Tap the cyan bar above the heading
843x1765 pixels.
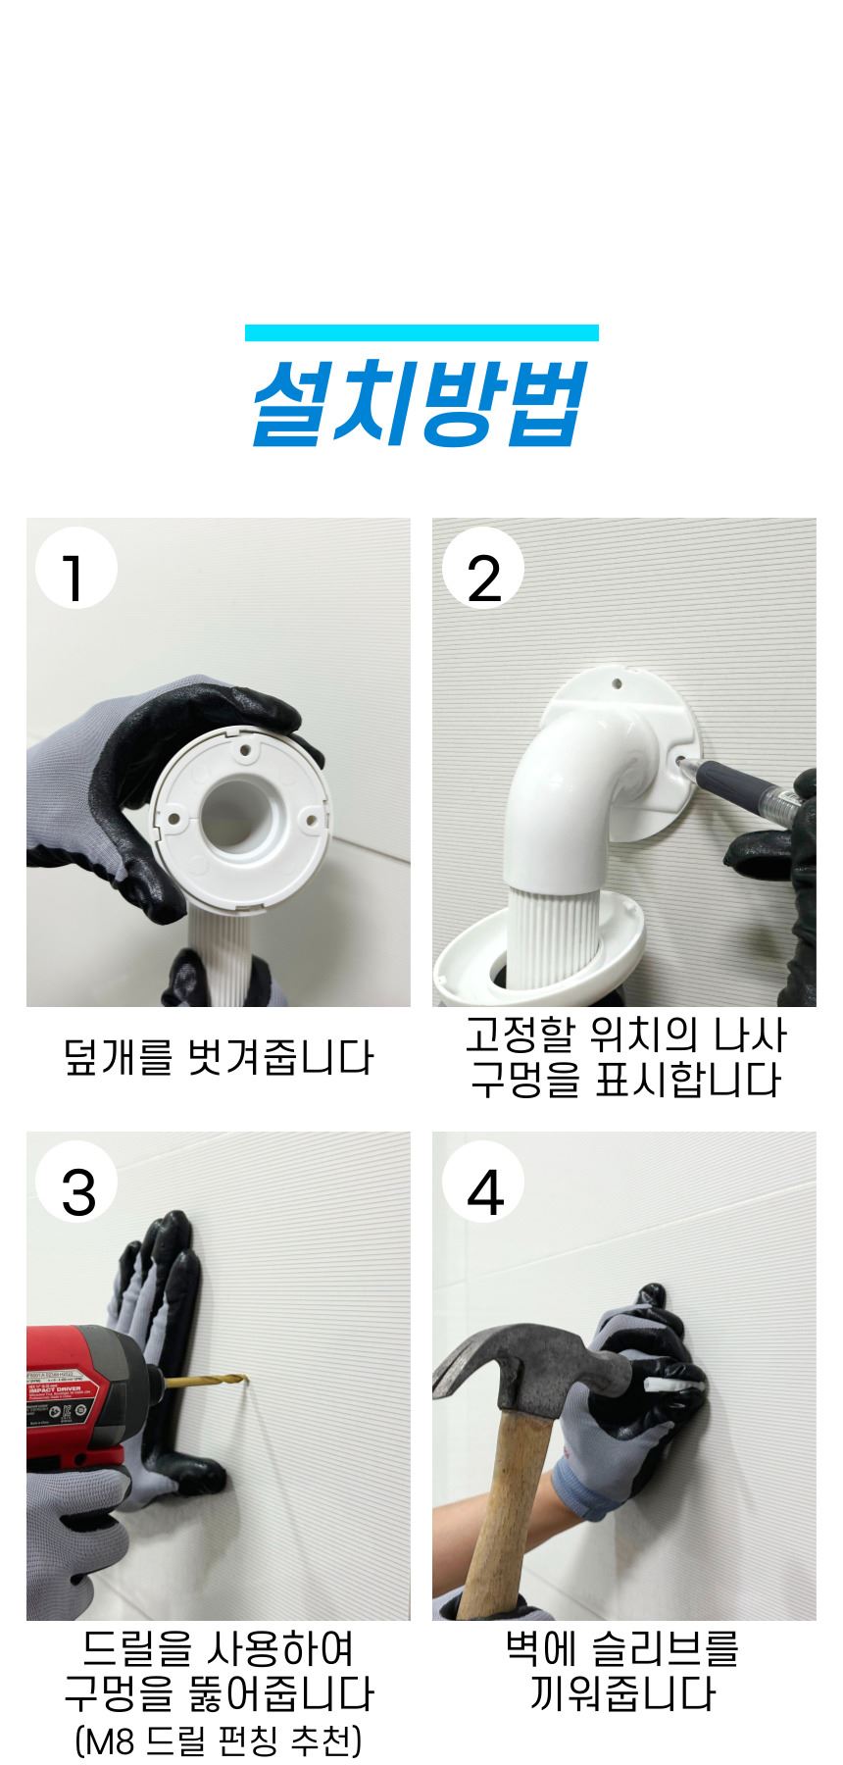pyautogui.click(x=421, y=332)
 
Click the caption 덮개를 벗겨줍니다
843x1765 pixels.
pyautogui.click(x=219, y=1058)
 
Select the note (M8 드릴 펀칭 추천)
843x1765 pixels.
pyautogui.click(x=219, y=1740)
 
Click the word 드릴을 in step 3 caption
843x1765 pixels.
pyautogui.click(x=131, y=1648)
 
